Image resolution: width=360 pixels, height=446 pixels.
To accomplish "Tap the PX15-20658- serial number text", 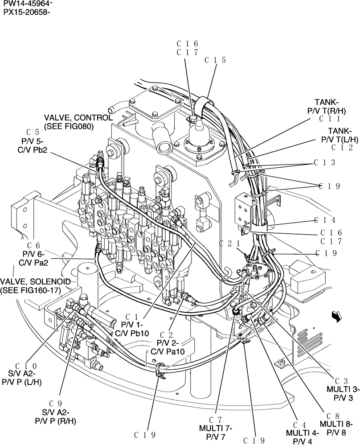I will (x=25, y=12).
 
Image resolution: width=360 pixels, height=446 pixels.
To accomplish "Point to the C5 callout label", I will (x=33, y=132).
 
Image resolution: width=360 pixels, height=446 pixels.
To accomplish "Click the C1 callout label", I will (x=131, y=317).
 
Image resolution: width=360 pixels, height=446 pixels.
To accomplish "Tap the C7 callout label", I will (x=215, y=420).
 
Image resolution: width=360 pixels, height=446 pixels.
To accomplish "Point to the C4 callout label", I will (x=300, y=425).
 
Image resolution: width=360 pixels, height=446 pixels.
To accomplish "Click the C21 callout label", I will (x=230, y=244).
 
